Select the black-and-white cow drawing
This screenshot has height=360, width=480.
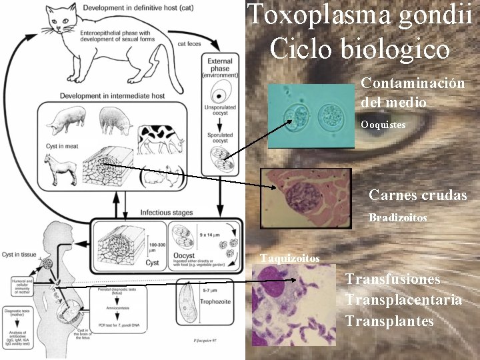pyautogui.click(x=161, y=137)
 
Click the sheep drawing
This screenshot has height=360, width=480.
pyautogui.click(x=115, y=120)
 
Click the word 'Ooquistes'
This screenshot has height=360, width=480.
pyautogui.click(x=383, y=125)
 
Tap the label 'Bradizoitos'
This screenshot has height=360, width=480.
pyautogui.click(x=398, y=218)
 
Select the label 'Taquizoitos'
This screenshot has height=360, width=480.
pyautogui.click(x=289, y=258)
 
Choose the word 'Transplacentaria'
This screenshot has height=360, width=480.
pyautogui.click(x=403, y=300)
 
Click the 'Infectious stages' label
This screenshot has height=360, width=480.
pyautogui.click(x=167, y=213)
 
